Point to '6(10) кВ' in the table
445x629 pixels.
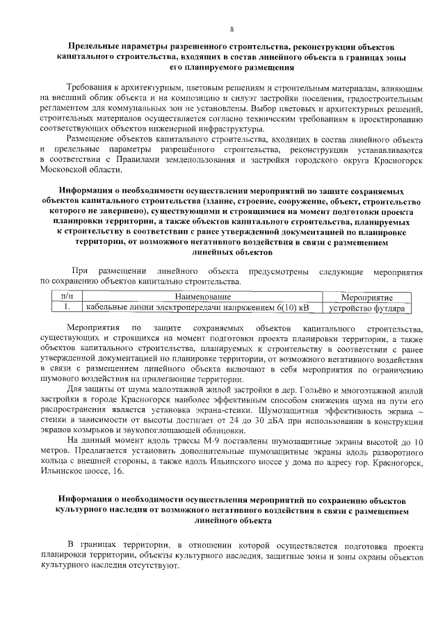[293, 307]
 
